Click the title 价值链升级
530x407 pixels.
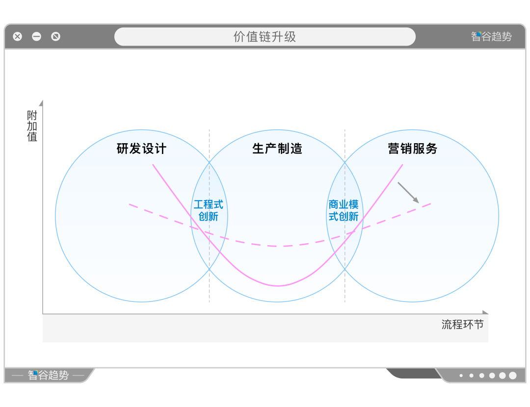coord(265,37)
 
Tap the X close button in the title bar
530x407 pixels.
coord(18,36)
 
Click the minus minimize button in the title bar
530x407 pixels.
coord(37,36)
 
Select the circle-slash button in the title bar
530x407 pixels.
coord(56,36)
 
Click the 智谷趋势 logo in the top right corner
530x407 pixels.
coord(491,36)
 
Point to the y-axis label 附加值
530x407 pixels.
coord(32,126)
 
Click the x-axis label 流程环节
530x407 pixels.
coord(462,324)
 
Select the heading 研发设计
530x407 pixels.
coord(141,149)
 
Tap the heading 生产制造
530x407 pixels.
coord(277,149)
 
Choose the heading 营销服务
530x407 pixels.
coord(412,149)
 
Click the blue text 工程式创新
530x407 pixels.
coord(208,210)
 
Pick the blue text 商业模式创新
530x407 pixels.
coord(344,210)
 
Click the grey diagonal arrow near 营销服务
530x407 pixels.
coord(408,193)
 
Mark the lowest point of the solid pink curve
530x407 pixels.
coord(278,285)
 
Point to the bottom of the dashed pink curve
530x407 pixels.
coord(278,246)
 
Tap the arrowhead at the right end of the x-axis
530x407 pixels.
coord(485,312)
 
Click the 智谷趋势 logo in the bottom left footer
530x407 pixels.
coord(48,376)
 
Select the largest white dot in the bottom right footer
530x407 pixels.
coord(513,376)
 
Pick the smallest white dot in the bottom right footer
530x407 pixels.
coord(461,376)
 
